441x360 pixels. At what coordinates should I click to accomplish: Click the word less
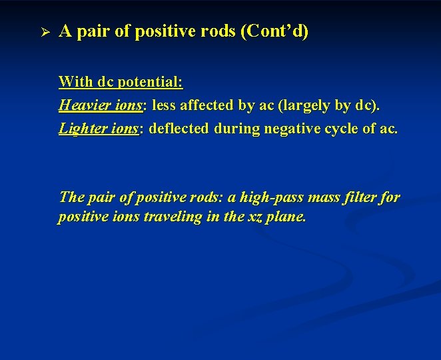[165, 105]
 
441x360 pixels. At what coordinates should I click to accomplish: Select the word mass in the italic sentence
[318, 197]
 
